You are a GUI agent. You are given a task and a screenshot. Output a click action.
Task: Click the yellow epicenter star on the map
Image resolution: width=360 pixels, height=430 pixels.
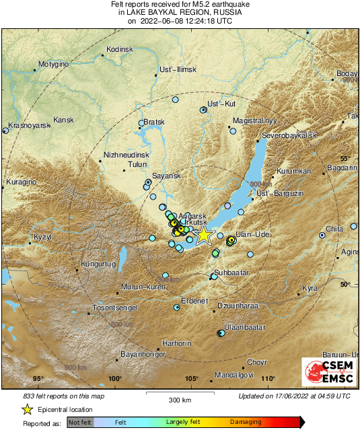[x=204, y=235]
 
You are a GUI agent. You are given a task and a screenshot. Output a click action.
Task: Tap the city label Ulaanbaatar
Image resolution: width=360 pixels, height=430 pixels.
[x=242, y=326]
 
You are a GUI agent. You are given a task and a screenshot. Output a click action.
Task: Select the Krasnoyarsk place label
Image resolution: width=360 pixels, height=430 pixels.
[x=30, y=125]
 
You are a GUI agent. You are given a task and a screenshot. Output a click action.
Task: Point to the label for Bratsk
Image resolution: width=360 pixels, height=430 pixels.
[x=154, y=122]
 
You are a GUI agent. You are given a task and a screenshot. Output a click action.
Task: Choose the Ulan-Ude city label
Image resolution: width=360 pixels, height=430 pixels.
[x=254, y=234]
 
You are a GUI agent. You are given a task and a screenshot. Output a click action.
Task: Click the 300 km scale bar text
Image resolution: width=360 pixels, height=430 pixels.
[x=180, y=400]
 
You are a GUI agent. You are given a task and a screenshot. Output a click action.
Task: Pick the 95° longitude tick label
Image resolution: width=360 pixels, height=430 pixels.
[x=38, y=379]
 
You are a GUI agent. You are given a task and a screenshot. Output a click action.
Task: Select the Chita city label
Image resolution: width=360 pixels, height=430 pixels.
[x=334, y=229]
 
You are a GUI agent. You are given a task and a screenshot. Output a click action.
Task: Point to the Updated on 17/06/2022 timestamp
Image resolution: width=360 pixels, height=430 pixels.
[x=294, y=396]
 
